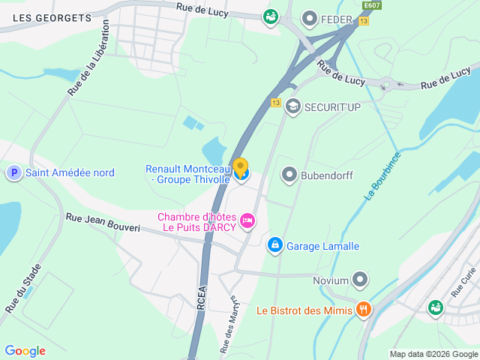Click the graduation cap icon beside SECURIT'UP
pyautogui.click(x=293, y=107)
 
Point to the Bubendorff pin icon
pyautogui.click(x=289, y=175)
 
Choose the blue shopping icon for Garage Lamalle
pyautogui.click(x=274, y=245)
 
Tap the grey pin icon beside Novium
pyautogui.click(x=361, y=280)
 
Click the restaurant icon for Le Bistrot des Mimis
pyautogui.click(x=364, y=309)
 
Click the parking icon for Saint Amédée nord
pyautogui.click(x=13, y=173)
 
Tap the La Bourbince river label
pyautogui.click(x=382, y=176)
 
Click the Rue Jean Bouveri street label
pyautogui.click(x=103, y=222)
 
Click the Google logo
pyautogui.click(x=25, y=351)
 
